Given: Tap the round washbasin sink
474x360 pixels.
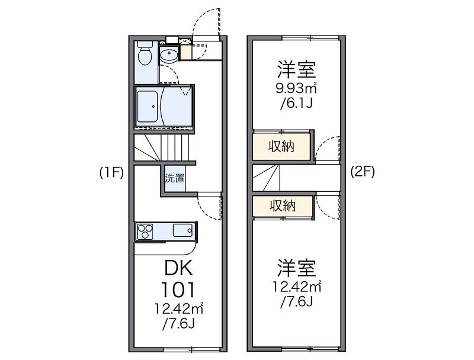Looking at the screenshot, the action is pos(169,55).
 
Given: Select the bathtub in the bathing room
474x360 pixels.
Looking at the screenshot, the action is pos(148,107).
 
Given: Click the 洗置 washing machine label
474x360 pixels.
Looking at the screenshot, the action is pos(174,178).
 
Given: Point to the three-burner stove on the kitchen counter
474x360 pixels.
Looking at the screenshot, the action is pos(145,232).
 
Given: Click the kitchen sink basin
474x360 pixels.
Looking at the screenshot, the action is pos(183,231).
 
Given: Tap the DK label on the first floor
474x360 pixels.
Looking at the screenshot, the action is pos(178,268).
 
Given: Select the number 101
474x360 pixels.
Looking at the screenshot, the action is pos(178,290).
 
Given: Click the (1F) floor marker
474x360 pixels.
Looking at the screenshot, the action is pos(112,173).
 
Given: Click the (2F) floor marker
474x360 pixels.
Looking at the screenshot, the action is pos(363,172).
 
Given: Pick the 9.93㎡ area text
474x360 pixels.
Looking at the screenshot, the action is pos(296,88).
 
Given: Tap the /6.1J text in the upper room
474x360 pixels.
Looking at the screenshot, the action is pos(296,104).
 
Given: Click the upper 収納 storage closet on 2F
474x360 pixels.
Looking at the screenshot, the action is pos(281,146).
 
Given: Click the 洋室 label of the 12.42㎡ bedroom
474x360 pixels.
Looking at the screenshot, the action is pos(297,268).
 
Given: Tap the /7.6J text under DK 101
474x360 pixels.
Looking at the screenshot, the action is pos(178,324).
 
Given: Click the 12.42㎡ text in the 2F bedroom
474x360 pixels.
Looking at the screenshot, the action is pos(297,287).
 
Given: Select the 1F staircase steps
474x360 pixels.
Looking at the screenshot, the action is pos(162,147).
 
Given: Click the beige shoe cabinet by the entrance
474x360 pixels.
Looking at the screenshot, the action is pos(185,53).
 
